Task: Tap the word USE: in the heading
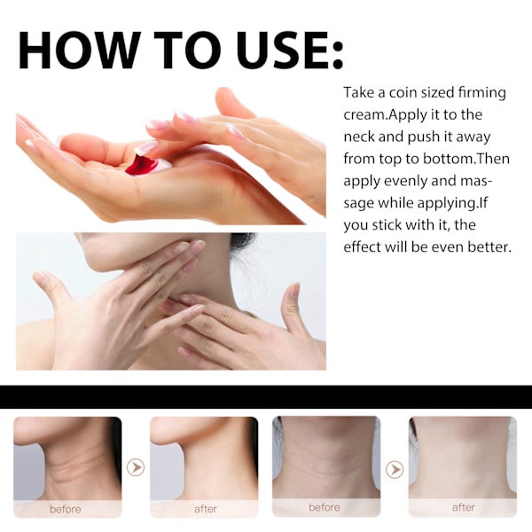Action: pyautogui.click(x=289, y=51)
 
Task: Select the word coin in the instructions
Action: pyautogui.click(x=403, y=92)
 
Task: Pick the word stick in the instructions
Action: pyautogui.click(x=387, y=225)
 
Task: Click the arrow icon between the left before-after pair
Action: pyautogui.click(x=136, y=467)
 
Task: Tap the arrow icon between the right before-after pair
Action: pyautogui.click(x=395, y=470)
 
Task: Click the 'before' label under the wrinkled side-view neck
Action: pyautogui.click(x=66, y=509)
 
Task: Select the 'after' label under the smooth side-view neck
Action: pyautogui.click(x=206, y=509)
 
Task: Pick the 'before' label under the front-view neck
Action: pyautogui.click(x=325, y=507)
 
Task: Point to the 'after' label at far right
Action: pyautogui.click(x=464, y=507)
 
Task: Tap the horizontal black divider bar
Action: pyautogui.click(x=266, y=396)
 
